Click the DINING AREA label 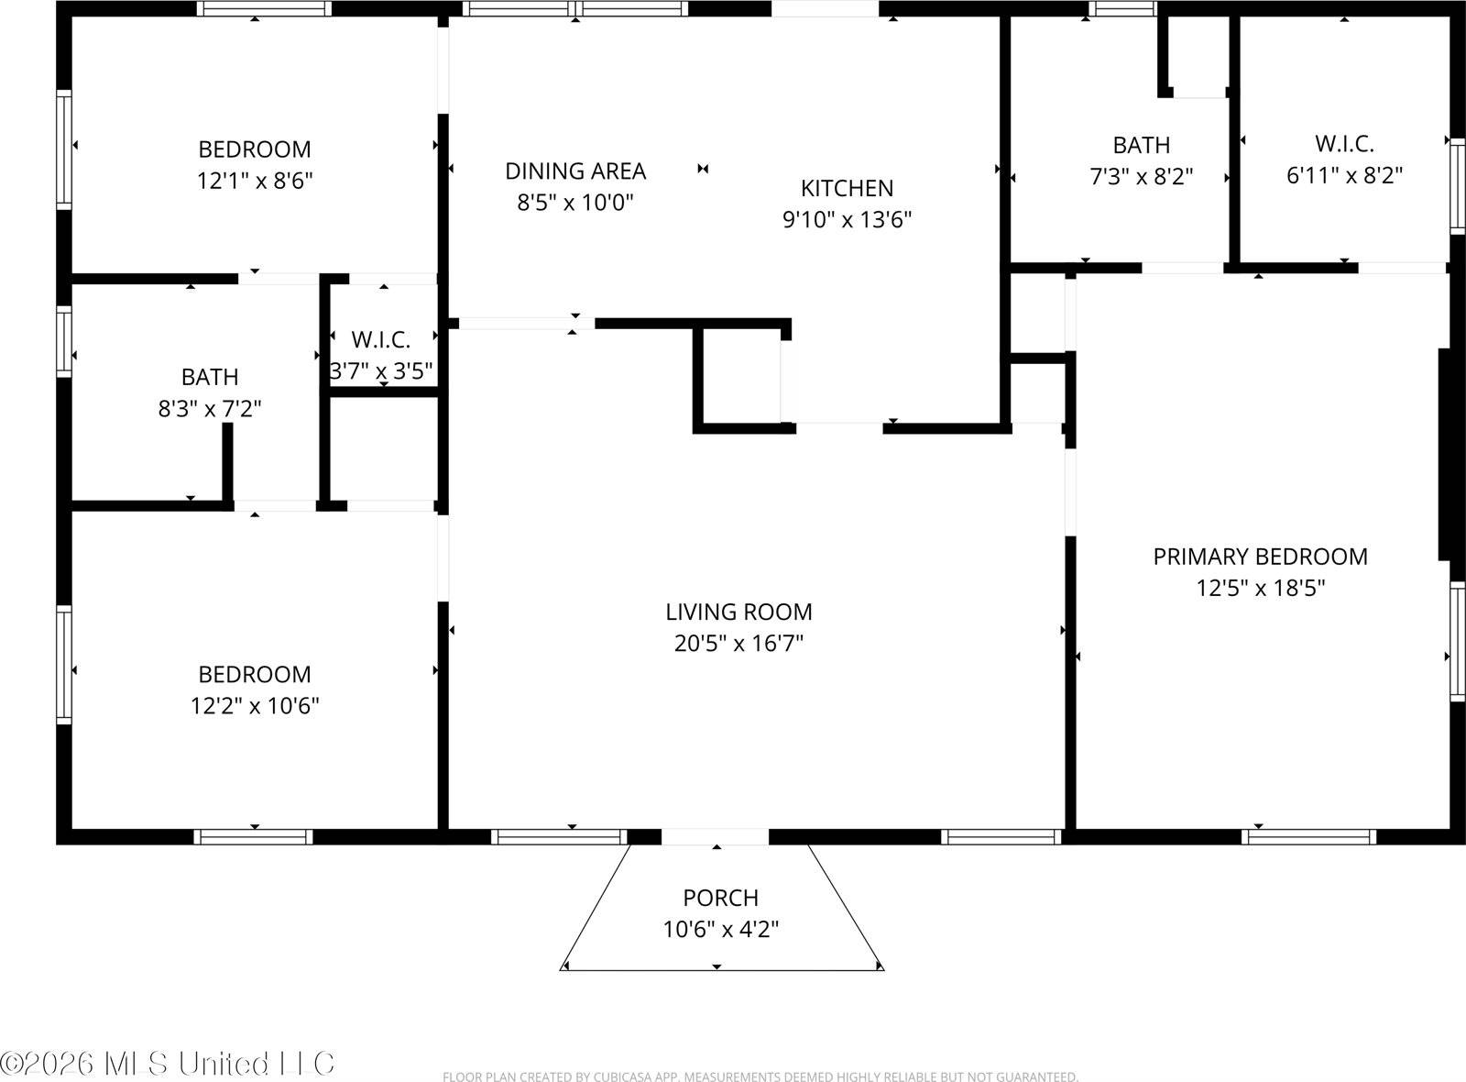point(575,171)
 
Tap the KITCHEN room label point(847,189)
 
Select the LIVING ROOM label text point(738,612)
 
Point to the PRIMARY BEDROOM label point(1260,557)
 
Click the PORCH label point(720,898)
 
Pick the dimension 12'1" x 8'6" point(255,181)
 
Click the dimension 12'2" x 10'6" point(255,706)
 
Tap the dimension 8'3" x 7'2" point(210,409)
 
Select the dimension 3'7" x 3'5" point(381,371)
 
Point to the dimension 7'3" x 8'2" point(1141,176)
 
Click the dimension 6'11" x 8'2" point(1344,175)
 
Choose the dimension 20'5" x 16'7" point(738,644)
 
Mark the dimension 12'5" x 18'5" point(1260,588)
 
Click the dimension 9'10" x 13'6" point(847,220)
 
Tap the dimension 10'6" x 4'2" point(720,930)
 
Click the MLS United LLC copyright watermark point(168,1064)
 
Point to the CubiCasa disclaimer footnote point(760,1076)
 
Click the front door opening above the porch point(715,836)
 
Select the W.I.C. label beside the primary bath point(1344,144)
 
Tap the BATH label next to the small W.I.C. point(210,377)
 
